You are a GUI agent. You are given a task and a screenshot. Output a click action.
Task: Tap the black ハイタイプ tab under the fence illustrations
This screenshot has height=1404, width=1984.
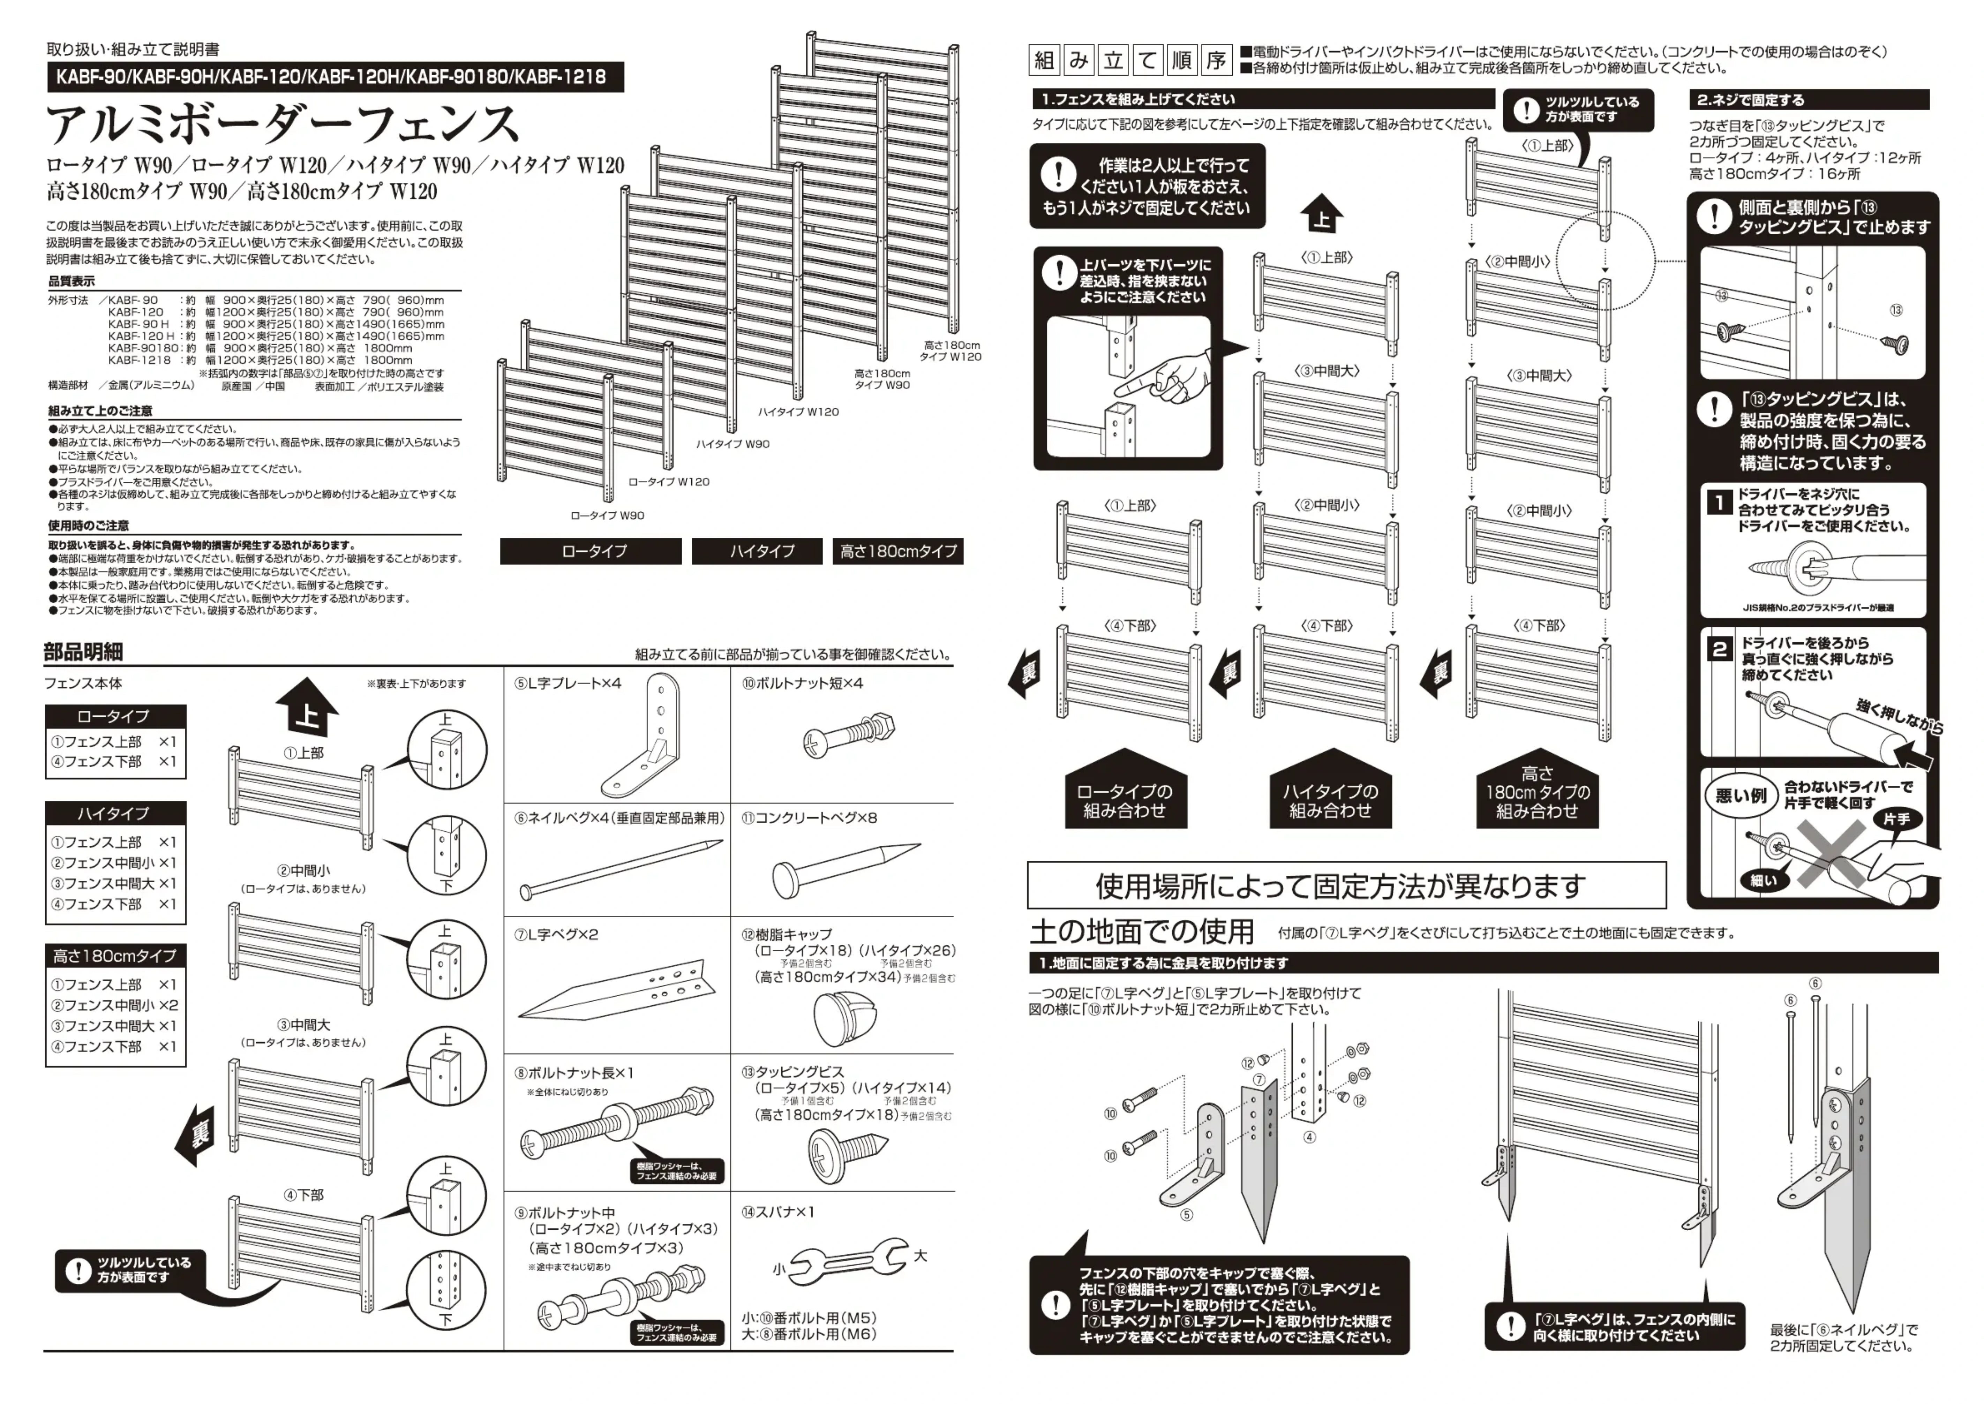tap(761, 551)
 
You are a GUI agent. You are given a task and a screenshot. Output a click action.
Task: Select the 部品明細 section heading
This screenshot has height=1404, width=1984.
tap(84, 652)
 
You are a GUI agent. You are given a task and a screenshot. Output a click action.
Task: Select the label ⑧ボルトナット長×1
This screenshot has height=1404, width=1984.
tap(575, 1073)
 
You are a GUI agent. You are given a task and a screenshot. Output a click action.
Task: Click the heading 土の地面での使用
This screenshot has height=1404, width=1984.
tap(1141, 931)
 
